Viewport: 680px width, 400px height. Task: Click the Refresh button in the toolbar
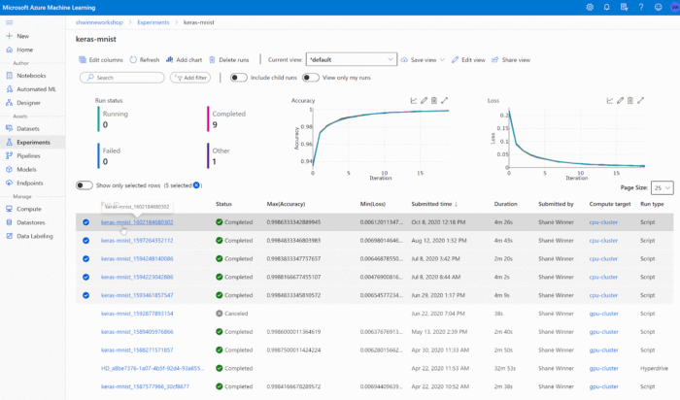145,59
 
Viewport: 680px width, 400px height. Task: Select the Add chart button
183,59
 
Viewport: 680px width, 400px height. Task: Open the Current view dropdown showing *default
351,59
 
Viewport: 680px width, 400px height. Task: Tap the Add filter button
190,78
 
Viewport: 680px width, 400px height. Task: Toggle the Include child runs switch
236,77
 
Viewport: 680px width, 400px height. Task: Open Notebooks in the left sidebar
31,75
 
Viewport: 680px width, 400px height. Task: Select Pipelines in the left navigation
28,155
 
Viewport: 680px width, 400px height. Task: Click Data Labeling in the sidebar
36,235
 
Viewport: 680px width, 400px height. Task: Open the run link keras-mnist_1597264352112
137,239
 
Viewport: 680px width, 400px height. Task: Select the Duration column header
506,204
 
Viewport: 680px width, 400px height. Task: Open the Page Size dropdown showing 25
663,187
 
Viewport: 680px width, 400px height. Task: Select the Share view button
513,59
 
